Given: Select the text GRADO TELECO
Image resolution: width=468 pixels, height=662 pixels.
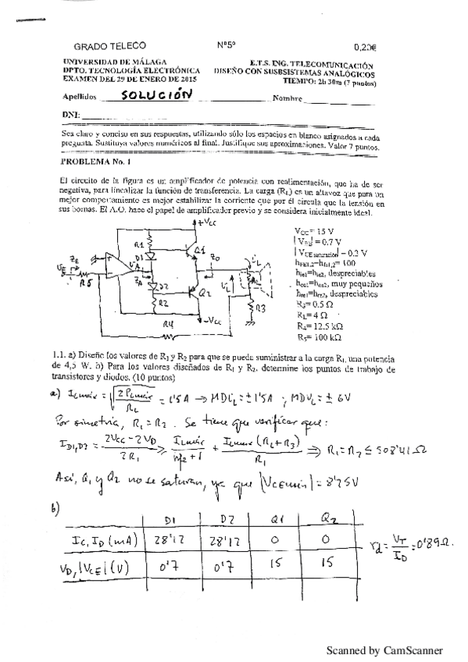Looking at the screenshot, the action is tap(109, 46).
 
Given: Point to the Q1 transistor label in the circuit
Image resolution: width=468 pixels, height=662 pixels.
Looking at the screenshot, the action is tap(201, 250).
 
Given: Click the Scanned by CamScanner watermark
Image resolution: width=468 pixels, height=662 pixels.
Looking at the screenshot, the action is tap(384, 650).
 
